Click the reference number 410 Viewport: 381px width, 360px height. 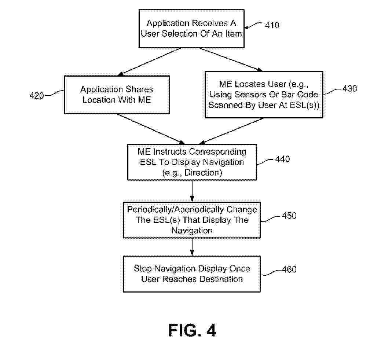(x=272, y=25)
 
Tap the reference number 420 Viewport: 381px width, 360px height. (x=37, y=95)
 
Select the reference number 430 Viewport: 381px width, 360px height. (x=349, y=89)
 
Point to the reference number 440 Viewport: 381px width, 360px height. (x=283, y=159)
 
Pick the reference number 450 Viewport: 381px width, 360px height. (x=289, y=216)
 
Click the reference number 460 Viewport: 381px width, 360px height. (x=289, y=269)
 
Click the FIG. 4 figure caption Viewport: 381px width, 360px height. (x=192, y=330)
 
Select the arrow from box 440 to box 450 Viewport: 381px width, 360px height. (x=192, y=191)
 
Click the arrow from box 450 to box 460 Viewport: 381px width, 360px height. (x=192, y=247)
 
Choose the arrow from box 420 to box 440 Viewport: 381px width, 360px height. (x=151, y=129)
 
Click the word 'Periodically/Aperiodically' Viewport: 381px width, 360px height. (x=175, y=210)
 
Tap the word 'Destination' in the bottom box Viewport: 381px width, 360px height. (x=221, y=279)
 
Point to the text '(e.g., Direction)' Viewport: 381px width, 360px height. (x=192, y=173)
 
